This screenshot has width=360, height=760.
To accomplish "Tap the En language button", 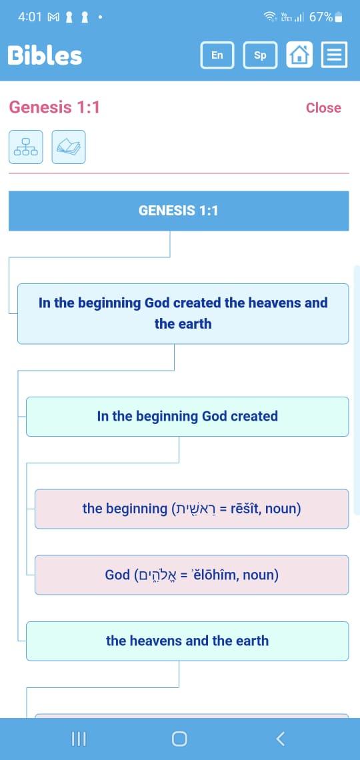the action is (217, 55).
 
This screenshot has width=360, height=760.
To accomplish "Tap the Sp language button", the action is (260, 55).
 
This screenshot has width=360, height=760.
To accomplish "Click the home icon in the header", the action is (299, 54).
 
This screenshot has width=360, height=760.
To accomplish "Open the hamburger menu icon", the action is (334, 54).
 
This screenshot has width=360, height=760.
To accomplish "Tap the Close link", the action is (323, 107).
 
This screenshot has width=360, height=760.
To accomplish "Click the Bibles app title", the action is (45, 55).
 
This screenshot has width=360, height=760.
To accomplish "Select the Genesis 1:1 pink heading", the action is (54, 107).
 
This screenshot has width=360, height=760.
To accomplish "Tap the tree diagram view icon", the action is (26, 147).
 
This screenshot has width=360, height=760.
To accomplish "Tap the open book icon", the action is (68, 147).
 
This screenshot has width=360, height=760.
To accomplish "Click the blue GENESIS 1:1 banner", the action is (179, 211).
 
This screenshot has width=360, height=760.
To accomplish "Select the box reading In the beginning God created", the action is (187, 417).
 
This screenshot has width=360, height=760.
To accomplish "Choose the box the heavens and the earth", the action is (187, 641).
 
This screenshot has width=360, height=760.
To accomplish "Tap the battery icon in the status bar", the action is (339, 18).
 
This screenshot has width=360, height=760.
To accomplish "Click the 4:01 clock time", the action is (30, 17).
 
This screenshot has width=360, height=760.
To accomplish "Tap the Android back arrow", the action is (280, 738).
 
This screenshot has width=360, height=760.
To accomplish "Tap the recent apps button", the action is (79, 739).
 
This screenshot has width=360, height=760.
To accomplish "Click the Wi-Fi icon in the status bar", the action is (270, 17).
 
